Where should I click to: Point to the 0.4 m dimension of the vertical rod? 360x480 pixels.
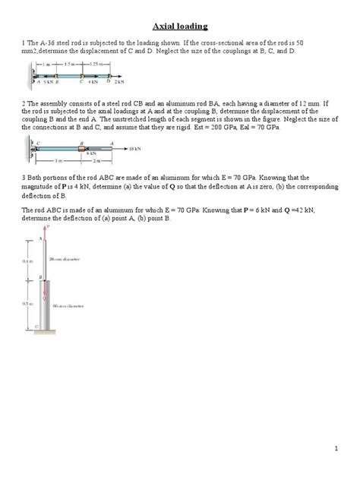click(x=27, y=260)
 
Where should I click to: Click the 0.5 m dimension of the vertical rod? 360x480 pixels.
click(x=27, y=303)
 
